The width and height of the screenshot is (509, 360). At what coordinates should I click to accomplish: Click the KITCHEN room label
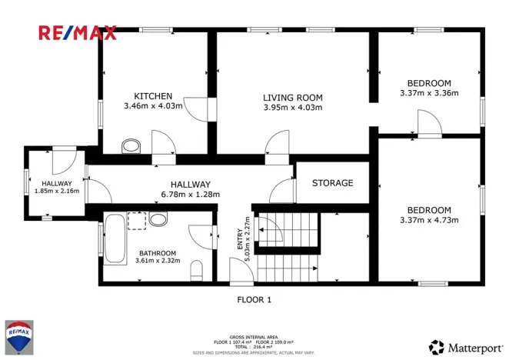pyautogui.click(x=153, y=95)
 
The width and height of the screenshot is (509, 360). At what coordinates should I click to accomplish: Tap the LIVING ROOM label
pyautogui.click(x=292, y=98)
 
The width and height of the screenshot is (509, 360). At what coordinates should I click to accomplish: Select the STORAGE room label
pyautogui.click(x=332, y=183)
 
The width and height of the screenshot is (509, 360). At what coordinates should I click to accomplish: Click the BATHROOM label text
pyautogui.click(x=157, y=253)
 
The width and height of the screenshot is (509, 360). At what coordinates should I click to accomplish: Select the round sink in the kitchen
pyautogui.click(x=131, y=145)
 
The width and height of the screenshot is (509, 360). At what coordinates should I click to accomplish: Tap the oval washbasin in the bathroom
pyautogui.click(x=159, y=220)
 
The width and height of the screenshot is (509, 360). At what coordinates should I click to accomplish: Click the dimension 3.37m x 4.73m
pyautogui.click(x=429, y=220)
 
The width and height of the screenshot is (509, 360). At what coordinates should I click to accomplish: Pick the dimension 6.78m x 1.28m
pyautogui.click(x=190, y=195)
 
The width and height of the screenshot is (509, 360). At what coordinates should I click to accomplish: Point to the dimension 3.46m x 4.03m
pyautogui.click(x=153, y=105)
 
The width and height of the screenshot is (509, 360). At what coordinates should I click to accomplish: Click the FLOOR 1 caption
pyautogui.click(x=254, y=299)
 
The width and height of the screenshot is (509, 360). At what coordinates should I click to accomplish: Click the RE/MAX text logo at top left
pyautogui.click(x=78, y=32)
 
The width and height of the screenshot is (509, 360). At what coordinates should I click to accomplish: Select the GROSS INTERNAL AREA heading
pyautogui.click(x=254, y=337)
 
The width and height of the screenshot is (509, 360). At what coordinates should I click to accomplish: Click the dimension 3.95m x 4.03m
pyautogui.click(x=292, y=108)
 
